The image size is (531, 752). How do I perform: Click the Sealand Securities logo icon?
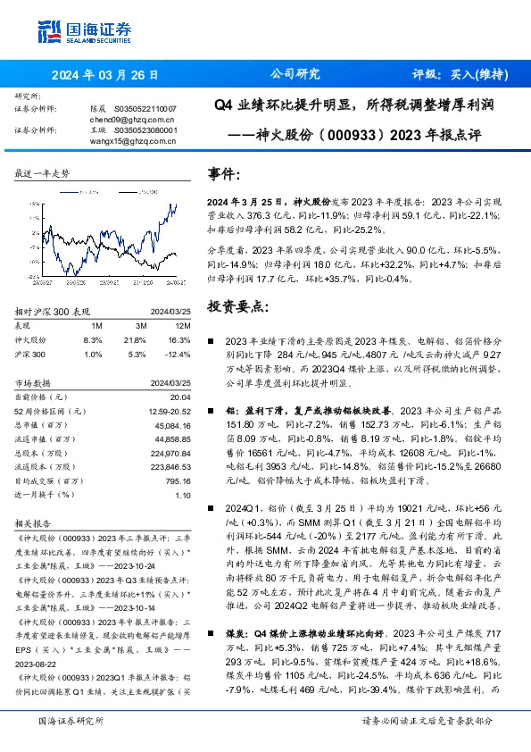[49, 29]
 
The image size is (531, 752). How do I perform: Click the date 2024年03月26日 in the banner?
[105, 75]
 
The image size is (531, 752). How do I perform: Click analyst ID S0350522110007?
[145, 108]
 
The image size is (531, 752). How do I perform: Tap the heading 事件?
[223, 174]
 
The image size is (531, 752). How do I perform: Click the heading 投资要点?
[236, 306]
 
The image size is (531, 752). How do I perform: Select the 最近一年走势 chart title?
[44, 174]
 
